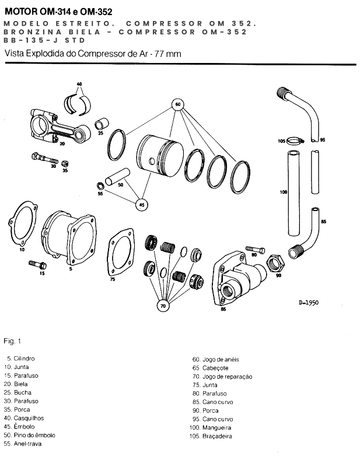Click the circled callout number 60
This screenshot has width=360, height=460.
pyautogui.click(x=179, y=105)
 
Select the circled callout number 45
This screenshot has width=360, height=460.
pyautogui.click(x=142, y=204)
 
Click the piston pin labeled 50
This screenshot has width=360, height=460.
pyautogui.click(x=118, y=176)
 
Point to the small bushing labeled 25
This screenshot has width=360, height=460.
pyautogui.click(x=102, y=125)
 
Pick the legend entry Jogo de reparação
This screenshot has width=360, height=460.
pyautogui.click(x=227, y=377)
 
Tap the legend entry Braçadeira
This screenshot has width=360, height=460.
pyautogui.click(x=217, y=436)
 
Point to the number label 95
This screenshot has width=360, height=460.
pyautogui.click(x=323, y=140)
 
